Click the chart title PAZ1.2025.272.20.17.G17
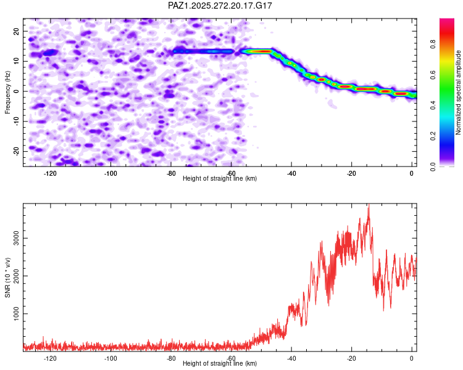pos(220,6)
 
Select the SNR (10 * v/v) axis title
pos(7,278)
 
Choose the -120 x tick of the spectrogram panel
pos(51,173)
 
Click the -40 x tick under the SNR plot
pos(291,358)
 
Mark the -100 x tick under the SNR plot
pos(111,358)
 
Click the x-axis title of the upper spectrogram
pos(220,179)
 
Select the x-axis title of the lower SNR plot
pos(220,364)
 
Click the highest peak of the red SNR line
pos(369,208)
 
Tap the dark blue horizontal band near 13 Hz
pos(204,52)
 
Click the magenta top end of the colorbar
pos(446,22)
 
